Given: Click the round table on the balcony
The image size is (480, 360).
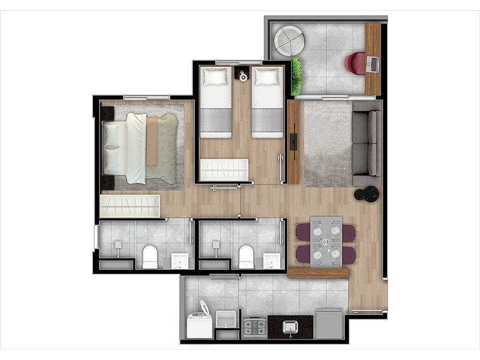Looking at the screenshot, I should coord(289,41).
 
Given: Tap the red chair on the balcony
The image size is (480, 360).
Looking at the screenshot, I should coord(356,63).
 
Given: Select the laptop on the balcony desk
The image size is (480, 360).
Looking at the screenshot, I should coord(372,64).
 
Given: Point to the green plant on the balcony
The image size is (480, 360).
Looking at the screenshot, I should coord(296,76).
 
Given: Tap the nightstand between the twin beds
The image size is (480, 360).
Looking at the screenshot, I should coord(243,76).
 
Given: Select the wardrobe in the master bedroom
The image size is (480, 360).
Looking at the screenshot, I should coord(130,206).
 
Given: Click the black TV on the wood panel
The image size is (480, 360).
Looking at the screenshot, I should coord(293,142).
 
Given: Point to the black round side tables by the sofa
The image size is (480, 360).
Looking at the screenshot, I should coord(367,193).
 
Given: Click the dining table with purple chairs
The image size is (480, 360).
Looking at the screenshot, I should coord(326,241).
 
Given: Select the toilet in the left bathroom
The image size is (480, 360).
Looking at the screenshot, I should coord(149,257).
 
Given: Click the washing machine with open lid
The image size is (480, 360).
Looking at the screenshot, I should coord(199,321).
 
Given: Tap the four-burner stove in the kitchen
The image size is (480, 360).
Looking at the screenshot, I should coord(254,327).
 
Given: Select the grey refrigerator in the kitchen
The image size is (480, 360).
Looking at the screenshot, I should coord(329,323).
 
